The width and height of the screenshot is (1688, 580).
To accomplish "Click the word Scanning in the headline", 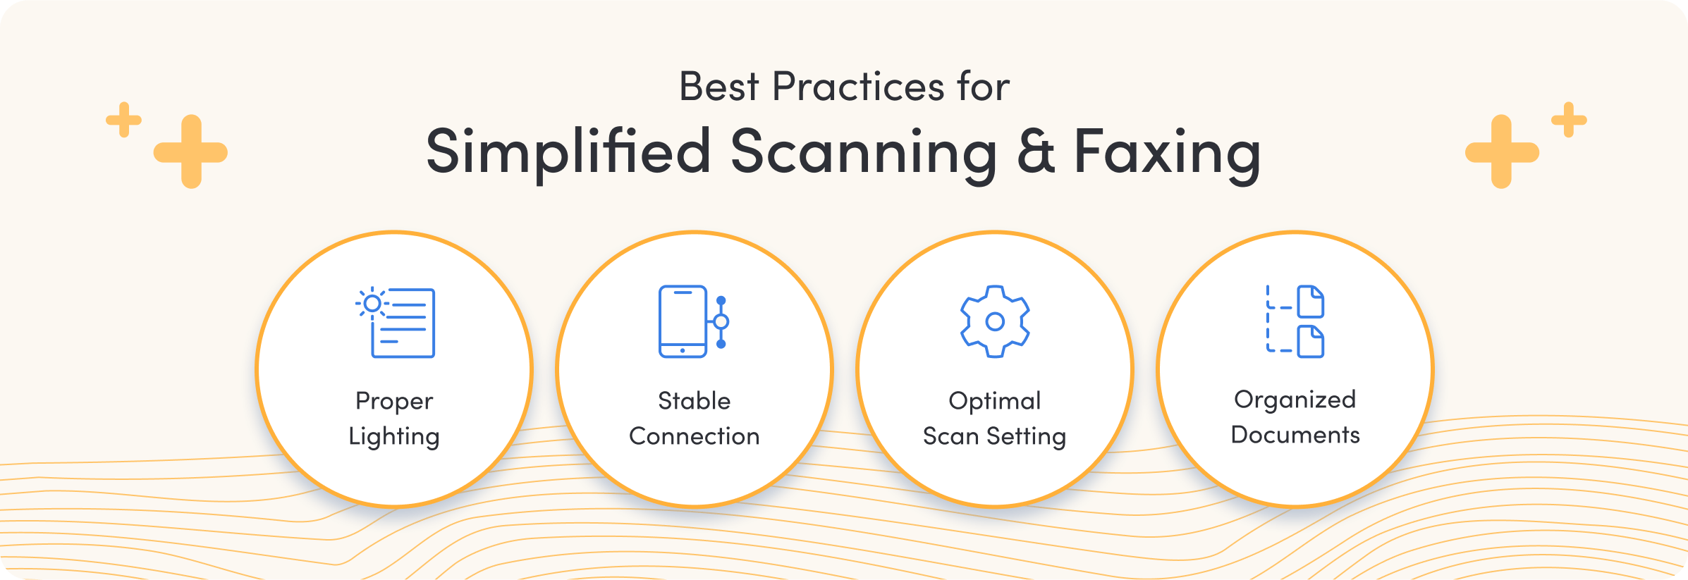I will point(863,153).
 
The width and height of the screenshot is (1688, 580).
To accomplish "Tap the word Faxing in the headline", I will point(1167,153).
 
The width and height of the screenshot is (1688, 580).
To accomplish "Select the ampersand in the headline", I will point(1036,152).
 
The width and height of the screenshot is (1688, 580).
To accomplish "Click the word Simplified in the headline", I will point(568,153).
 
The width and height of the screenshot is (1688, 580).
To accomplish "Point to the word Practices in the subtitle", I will point(858,87).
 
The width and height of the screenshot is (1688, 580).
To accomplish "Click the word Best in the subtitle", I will point(718,87).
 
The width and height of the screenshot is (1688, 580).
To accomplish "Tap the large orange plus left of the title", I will point(190,152).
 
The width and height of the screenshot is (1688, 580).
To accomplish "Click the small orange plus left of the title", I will point(124,120).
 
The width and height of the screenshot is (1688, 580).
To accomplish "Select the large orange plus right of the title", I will point(1502,152).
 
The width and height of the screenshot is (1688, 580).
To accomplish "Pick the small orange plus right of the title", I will point(1569,120).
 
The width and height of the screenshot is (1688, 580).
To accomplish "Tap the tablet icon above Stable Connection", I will point(683,321).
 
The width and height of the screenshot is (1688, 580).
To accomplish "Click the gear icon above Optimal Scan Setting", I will point(995,321).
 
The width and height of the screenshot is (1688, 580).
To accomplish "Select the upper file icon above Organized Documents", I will point(1311,302).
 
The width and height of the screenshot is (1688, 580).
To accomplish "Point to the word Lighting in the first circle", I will point(394,437).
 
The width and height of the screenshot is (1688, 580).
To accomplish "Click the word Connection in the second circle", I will point(695,436).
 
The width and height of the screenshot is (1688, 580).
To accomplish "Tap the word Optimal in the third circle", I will point(995,401).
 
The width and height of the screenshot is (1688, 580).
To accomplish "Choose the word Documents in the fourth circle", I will point(1295,435).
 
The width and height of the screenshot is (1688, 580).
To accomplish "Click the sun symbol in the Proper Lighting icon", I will point(372,304).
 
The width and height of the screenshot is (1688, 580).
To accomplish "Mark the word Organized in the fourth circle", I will point(1295,400).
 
